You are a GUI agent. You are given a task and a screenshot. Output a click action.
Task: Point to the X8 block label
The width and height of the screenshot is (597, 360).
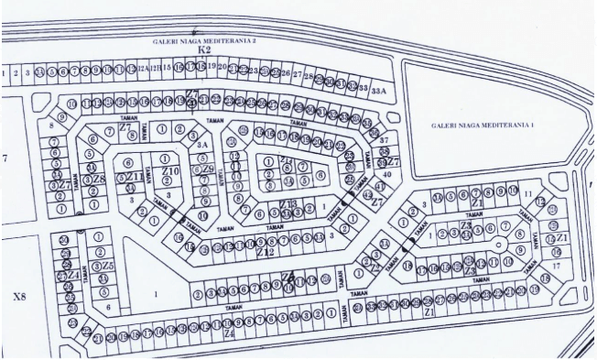pos(19,298)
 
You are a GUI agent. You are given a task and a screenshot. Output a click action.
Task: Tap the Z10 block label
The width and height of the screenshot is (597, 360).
pos(169,171)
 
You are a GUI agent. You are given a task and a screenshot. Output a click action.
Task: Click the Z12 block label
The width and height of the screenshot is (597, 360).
pos(265,251)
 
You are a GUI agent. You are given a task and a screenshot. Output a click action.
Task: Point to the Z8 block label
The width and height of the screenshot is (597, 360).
pos(98,180)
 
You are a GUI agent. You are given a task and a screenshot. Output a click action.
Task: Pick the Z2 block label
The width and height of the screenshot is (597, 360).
pos(374,267)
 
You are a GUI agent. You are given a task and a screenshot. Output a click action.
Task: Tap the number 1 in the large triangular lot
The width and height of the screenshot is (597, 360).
pos(156,294)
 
